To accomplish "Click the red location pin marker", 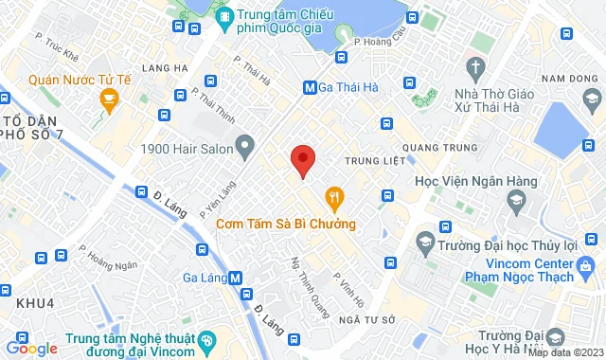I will click(302, 161).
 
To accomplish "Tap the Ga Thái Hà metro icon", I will click(310, 88).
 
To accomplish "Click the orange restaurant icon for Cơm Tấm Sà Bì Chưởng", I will click(333, 198).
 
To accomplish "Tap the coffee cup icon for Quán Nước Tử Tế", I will click(109, 98).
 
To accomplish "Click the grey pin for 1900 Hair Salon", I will click(245, 147).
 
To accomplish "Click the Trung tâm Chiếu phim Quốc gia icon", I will click(225, 17).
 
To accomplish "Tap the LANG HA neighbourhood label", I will click(159, 66).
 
